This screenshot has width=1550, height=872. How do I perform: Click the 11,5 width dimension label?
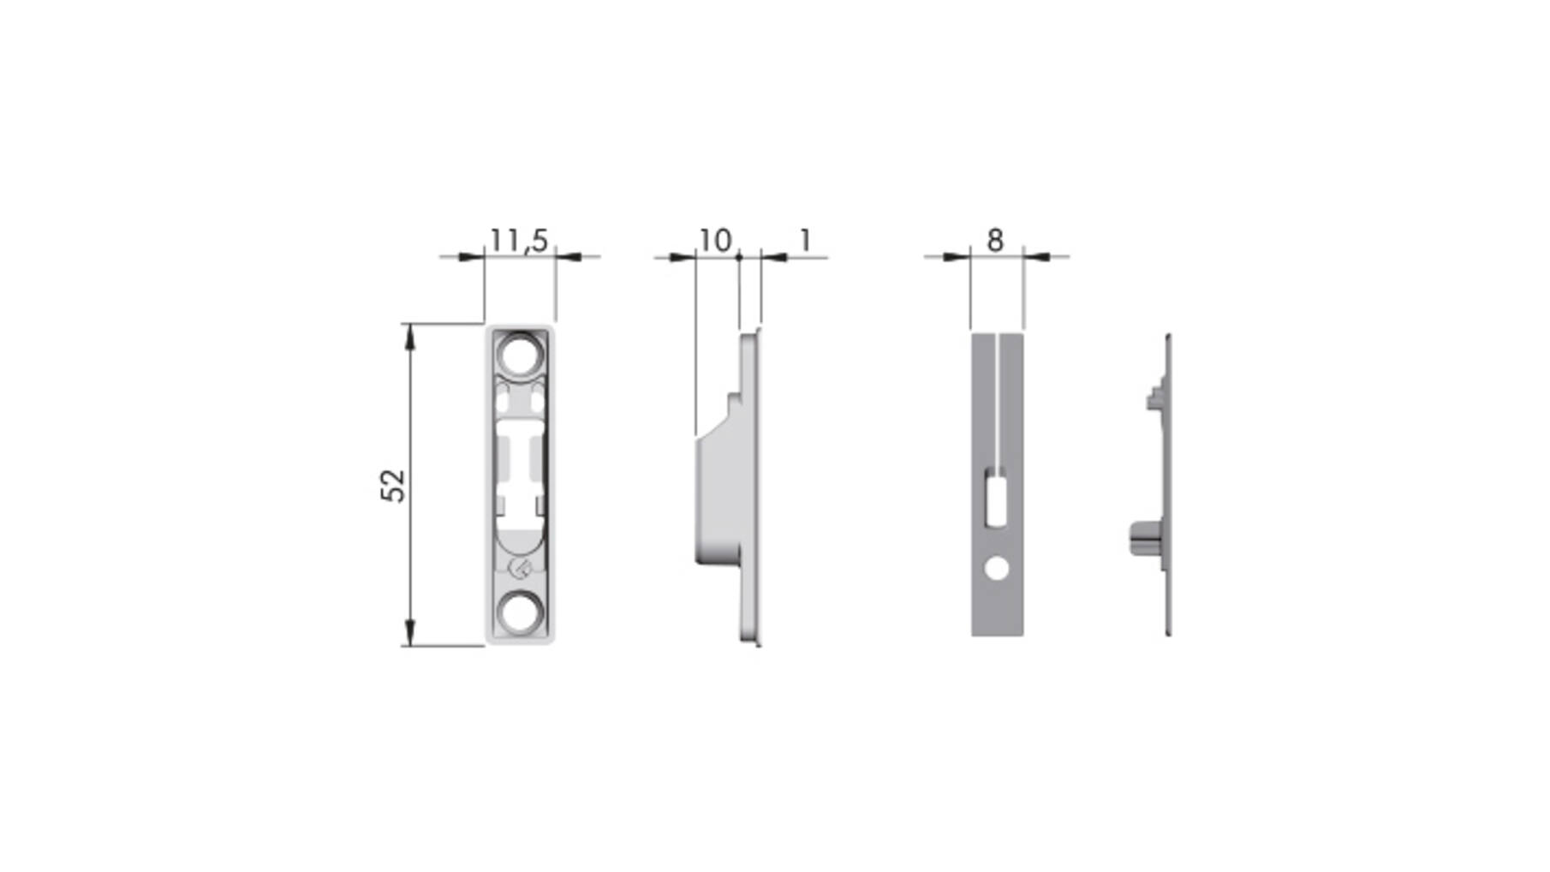(519, 241)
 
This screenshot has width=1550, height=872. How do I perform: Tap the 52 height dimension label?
(392, 485)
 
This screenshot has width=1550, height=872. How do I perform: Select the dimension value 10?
(715, 241)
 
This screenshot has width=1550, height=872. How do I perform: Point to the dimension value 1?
(805, 241)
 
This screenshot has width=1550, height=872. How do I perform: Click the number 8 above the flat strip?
(995, 241)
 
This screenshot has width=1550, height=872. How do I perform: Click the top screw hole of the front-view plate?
(521, 353)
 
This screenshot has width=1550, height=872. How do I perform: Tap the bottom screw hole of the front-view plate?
(521, 612)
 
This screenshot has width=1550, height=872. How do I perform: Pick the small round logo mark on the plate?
(520, 567)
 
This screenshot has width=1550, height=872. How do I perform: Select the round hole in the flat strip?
(997, 567)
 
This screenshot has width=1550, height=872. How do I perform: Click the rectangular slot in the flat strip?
(996, 501)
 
